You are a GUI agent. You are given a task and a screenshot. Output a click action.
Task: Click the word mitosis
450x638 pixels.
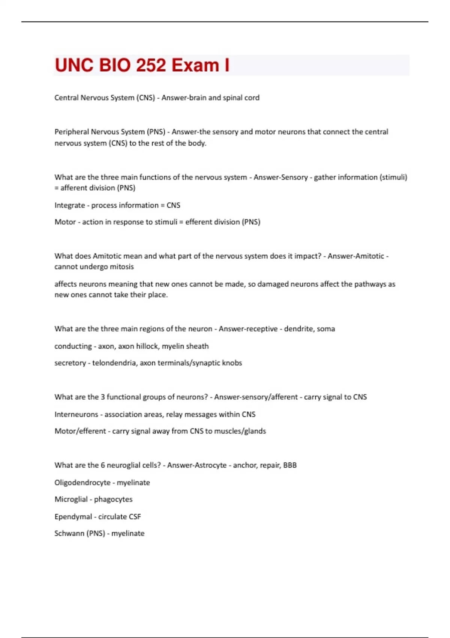121,266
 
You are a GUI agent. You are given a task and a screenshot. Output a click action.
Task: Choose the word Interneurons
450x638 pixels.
76,414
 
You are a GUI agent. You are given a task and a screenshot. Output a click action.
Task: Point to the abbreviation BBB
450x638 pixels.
290,465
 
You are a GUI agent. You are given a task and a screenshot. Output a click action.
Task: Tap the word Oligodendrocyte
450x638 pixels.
82,483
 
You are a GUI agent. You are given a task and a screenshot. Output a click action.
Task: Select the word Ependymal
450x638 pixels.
73,516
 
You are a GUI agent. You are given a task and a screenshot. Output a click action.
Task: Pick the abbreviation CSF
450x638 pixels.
135,516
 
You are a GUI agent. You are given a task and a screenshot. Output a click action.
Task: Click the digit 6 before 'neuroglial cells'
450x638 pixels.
102,465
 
